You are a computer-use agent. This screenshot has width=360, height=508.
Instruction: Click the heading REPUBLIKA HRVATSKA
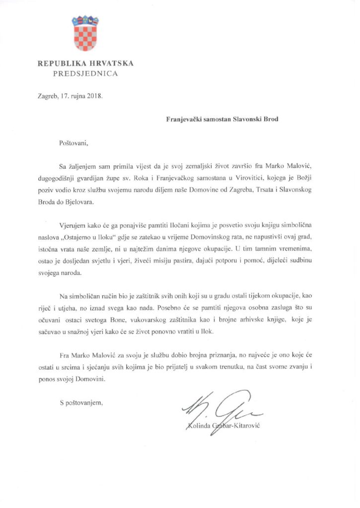(85, 63)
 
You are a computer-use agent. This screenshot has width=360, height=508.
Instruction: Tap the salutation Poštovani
(73, 143)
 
